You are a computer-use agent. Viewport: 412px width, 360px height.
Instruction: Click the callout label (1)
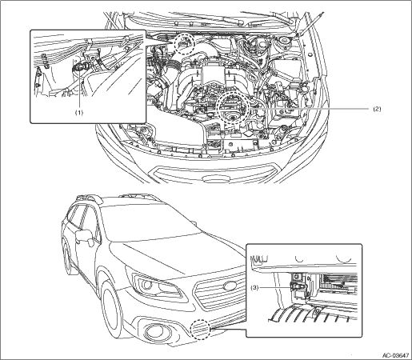(x=79, y=113)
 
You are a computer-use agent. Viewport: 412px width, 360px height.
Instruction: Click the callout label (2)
(x=377, y=109)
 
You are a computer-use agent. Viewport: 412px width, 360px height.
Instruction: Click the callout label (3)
(x=254, y=288)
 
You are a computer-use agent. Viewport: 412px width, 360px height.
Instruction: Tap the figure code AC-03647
(x=395, y=355)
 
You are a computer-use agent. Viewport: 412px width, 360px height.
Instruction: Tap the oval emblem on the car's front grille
(x=230, y=286)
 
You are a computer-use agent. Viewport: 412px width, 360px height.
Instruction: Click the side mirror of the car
(x=83, y=236)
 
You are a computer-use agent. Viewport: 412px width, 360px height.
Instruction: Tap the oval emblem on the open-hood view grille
(x=216, y=178)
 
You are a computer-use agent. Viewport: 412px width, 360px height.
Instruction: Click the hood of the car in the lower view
(x=174, y=256)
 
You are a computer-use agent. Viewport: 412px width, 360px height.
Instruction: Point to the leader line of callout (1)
(x=79, y=89)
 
